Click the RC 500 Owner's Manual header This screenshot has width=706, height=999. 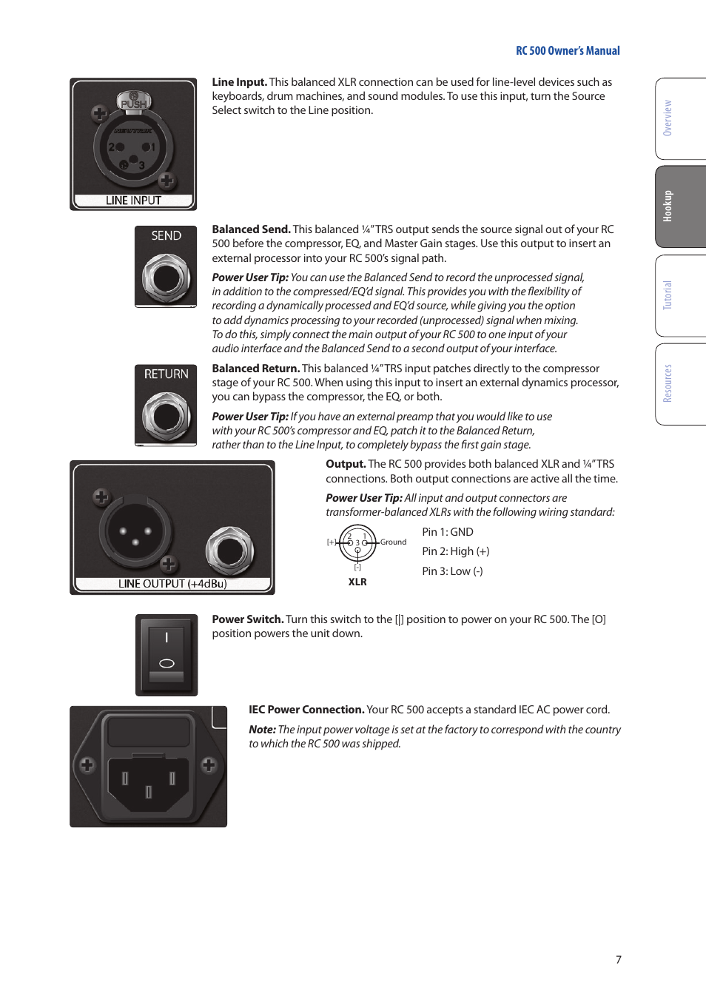coord(568,51)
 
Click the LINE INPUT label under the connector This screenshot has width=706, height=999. coord(133,201)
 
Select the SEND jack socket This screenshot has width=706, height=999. coord(167,278)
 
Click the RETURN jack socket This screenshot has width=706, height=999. coord(167,417)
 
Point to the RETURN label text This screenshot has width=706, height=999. coord(167,374)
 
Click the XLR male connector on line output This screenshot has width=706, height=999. coord(135,532)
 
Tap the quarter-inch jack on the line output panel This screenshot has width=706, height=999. coord(230,551)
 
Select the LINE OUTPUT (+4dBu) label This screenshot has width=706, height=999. coord(172,584)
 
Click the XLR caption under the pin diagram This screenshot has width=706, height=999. coord(357,582)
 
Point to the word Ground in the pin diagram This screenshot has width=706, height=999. coord(393,542)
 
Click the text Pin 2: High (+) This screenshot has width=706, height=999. coord(455,551)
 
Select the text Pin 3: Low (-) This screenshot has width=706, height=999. coord(452,571)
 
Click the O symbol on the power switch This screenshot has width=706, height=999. coord(167,663)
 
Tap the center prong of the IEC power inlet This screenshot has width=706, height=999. coord(149,792)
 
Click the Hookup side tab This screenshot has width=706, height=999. coord(669,206)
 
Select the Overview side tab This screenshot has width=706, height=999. coord(669,118)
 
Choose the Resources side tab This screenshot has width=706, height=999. coord(669,383)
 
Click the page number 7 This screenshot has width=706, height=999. coord(619,960)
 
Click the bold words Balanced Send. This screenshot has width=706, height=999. coord(251,229)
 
